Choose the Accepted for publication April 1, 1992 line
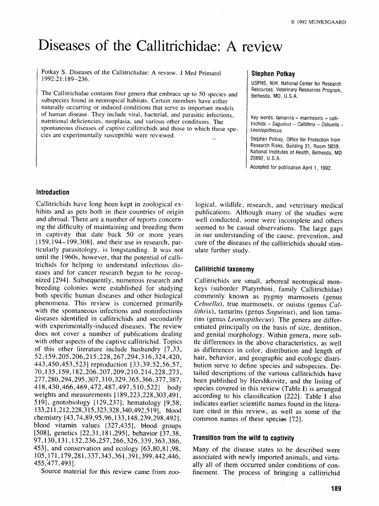[x=291, y=168]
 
